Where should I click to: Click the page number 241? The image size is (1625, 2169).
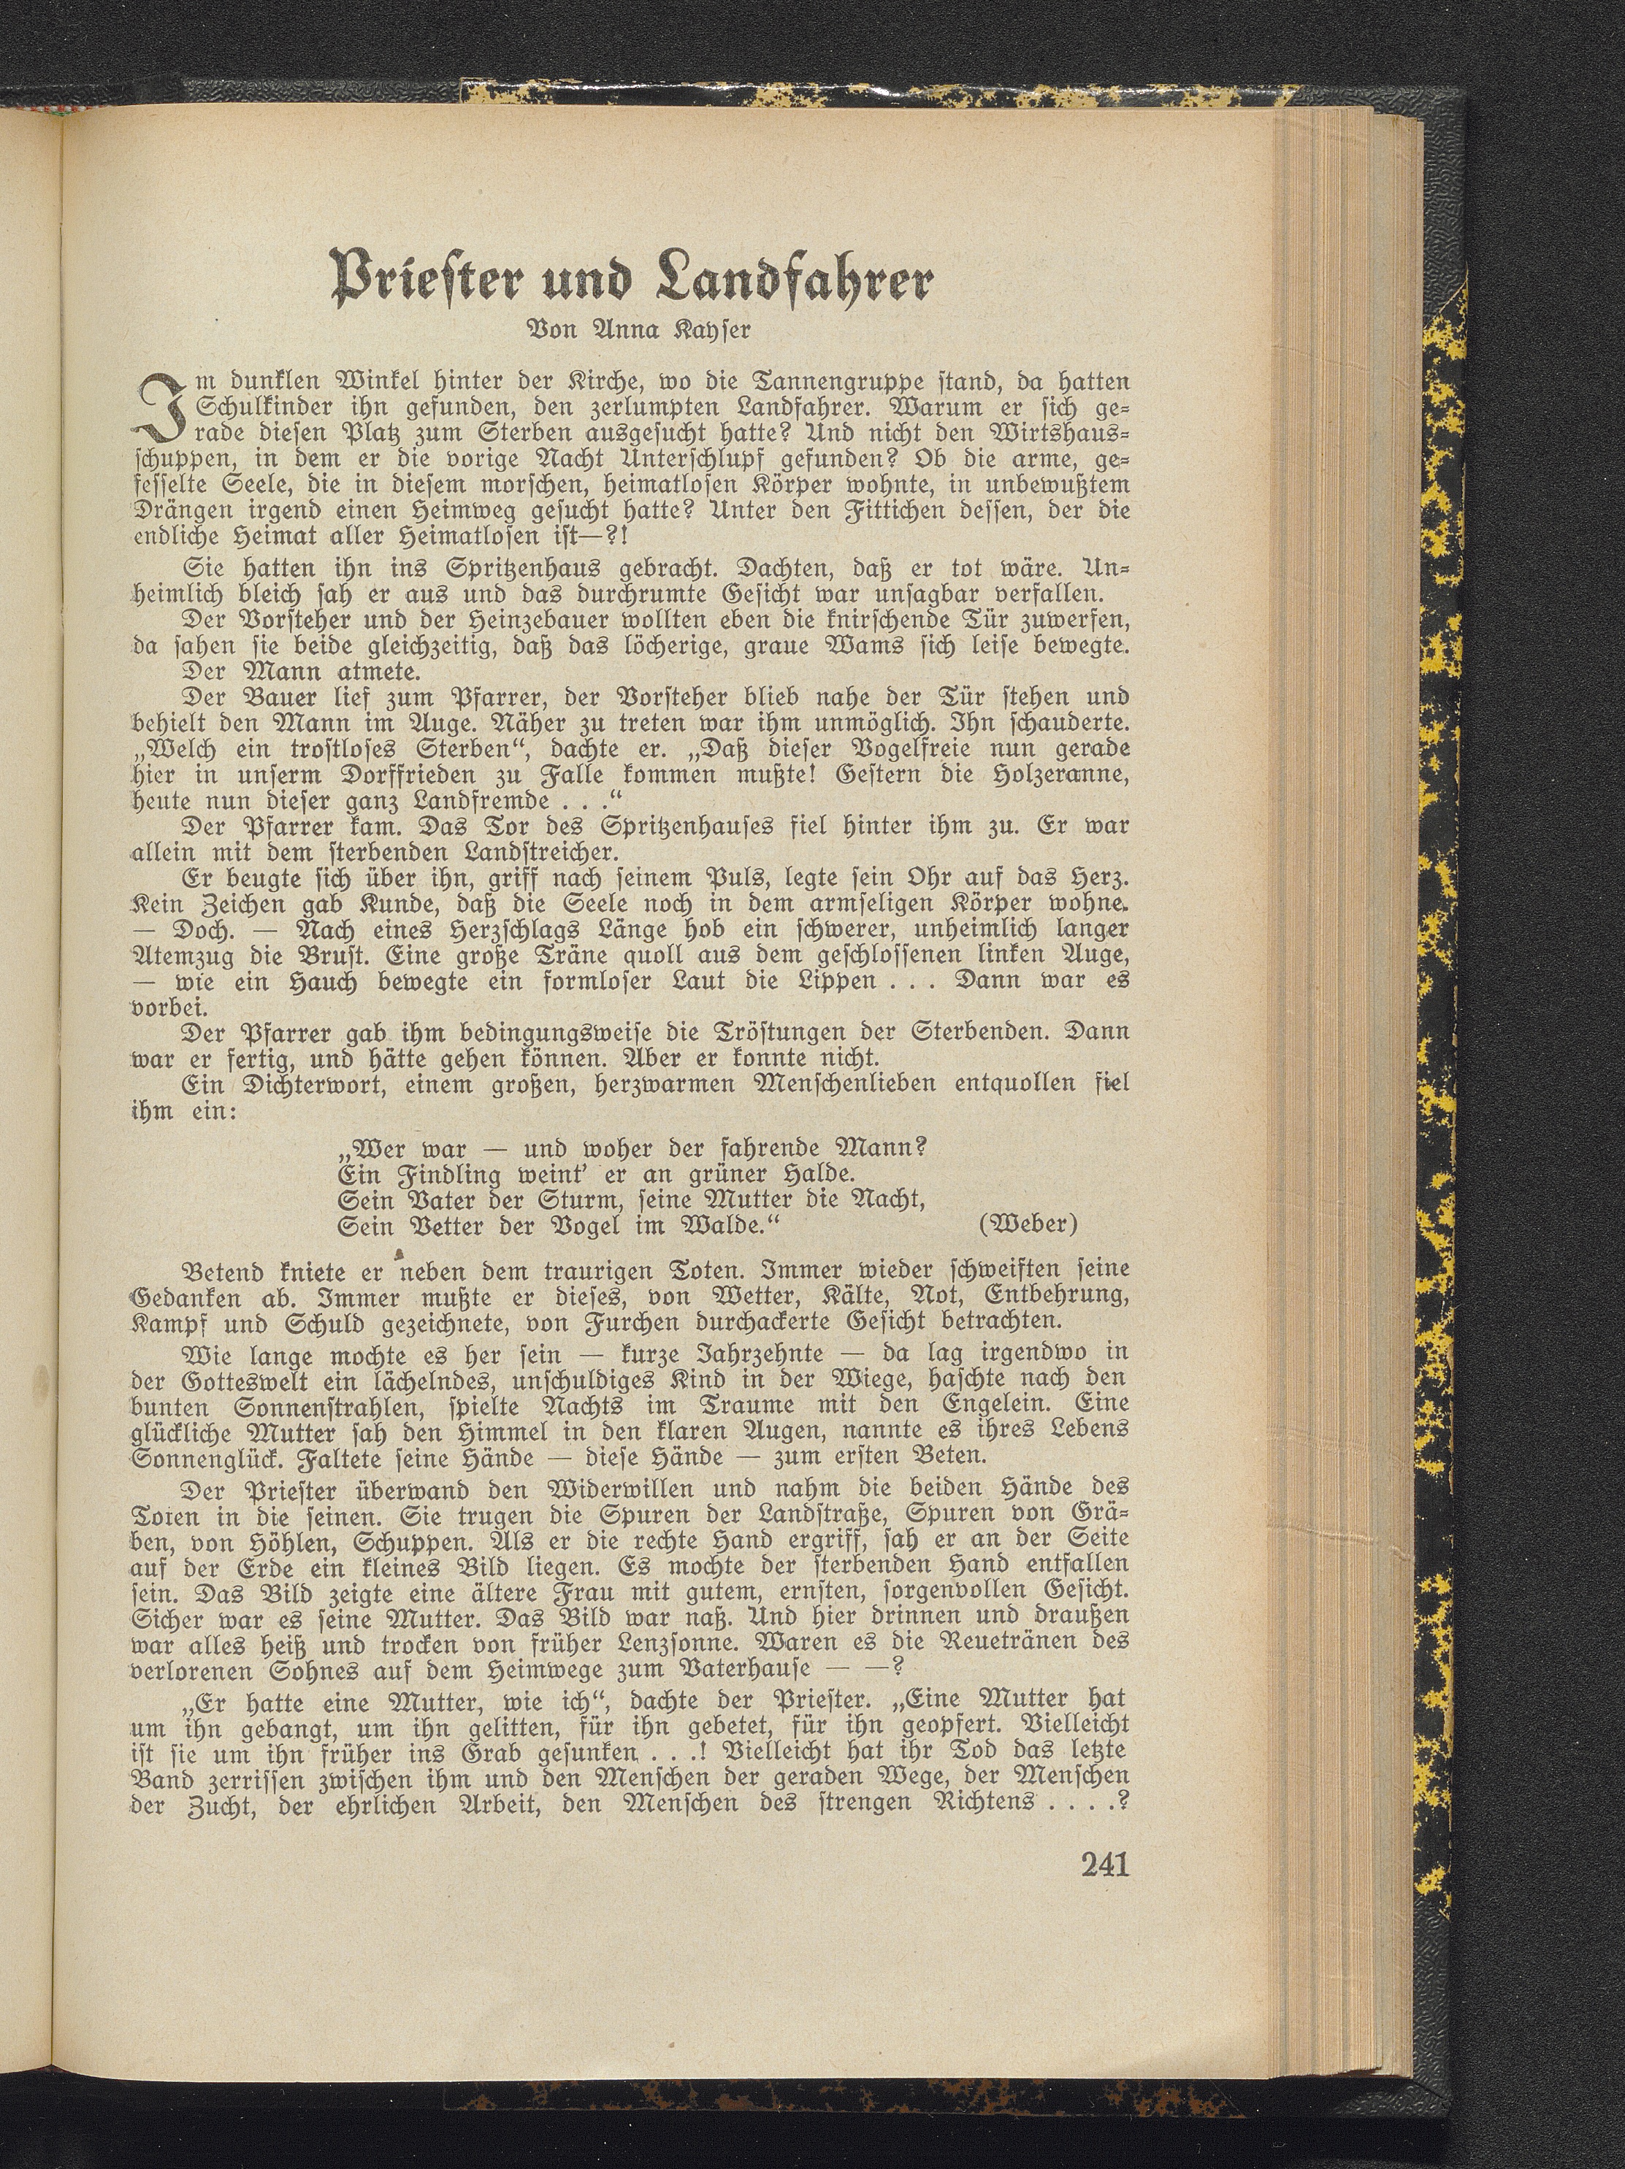point(1104,1863)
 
